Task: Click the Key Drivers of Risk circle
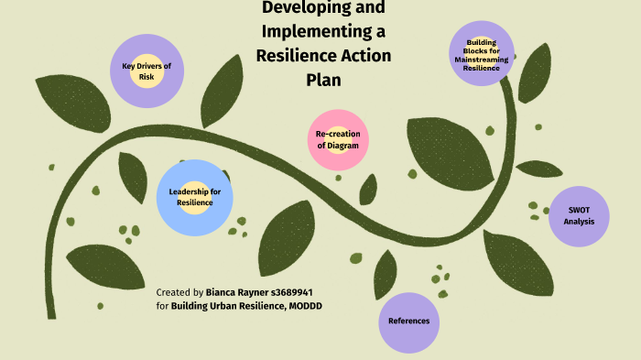click(147, 71)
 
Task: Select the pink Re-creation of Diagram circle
click(338, 139)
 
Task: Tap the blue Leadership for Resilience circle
click(194, 196)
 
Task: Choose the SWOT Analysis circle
click(579, 216)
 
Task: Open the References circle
click(408, 322)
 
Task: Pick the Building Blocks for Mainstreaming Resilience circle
click(482, 54)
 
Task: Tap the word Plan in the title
click(323, 80)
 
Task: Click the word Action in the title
click(359, 56)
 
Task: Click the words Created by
click(180, 291)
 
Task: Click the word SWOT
click(579, 210)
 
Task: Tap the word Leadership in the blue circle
click(194, 191)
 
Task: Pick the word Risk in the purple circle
click(147, 77)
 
